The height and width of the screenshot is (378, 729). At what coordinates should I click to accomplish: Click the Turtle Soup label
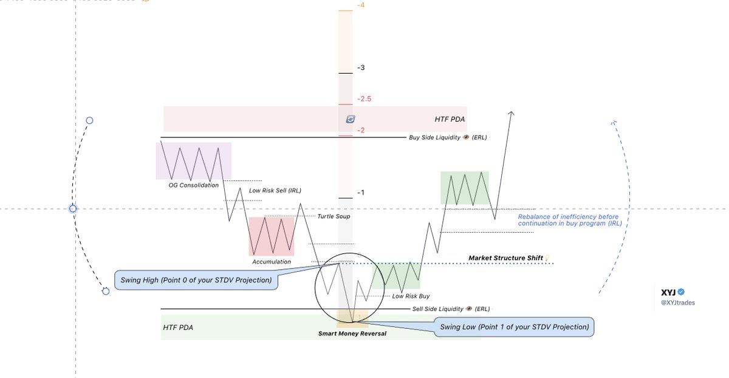tap(334, 216)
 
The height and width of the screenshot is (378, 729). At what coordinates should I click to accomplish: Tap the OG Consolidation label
tap(193, 185)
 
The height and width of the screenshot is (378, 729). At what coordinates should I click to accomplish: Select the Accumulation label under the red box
tap(272, 262)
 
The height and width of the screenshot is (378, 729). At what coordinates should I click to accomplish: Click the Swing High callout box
tap(196, 281)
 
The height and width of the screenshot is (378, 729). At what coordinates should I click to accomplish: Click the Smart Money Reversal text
tap(352, 334)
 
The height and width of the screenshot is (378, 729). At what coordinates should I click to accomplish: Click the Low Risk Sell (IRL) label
tap(275, 191)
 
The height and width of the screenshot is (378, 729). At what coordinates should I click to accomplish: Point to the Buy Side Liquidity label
tap(448, 137)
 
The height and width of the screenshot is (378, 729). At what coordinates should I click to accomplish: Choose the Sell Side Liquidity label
tap(451, 309)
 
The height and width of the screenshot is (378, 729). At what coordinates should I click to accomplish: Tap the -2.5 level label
tap(365, 99)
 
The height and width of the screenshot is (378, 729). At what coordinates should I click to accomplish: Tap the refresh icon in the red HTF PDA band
tap(350, 119)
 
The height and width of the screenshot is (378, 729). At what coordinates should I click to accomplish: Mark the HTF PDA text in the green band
tap(178, 328)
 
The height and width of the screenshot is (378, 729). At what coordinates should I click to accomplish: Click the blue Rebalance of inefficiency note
tap(568, 220)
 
